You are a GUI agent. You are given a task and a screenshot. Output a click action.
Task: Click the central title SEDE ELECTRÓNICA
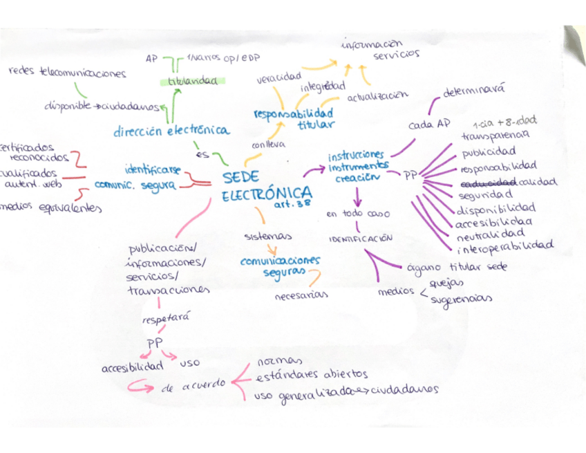pyautogui.click(x=266, y=187)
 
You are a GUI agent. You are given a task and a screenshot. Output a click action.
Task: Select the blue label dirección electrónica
pyautogui.click(x=172, y=130)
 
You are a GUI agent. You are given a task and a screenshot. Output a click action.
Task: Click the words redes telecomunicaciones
pyautogui.click(x=67, y=72)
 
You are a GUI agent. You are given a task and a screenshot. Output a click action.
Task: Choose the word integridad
pyautogui.click(x=322, y=87)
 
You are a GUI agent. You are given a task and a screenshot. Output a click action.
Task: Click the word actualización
pyautogui.click(x=377, y=97)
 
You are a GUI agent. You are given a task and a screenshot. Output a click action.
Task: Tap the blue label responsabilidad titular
pyautogui.click(x=294, y=118)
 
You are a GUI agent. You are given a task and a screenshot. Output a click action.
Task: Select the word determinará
pyautogui.click(x=474, y=91)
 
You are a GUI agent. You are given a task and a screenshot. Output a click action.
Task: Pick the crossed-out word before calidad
pyautogui.click(x=488, y=181)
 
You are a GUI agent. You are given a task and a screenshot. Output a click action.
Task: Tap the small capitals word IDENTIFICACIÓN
pyautogui.click(x=361, y=238)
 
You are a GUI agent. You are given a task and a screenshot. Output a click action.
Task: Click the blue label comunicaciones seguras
pyautogui.click(x=280, y=266)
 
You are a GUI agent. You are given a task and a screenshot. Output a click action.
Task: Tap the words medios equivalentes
pyautogui.click(x=52, y=207)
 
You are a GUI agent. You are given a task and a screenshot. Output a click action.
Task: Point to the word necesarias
pyautogui.click(x=301, y=296)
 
